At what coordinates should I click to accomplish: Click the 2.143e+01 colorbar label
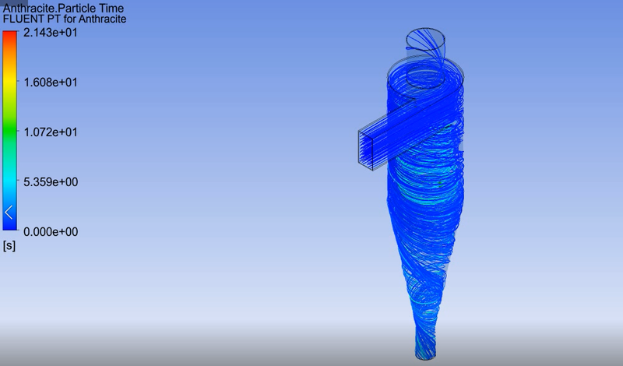(50, 33)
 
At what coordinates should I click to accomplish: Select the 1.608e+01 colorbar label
(50, 83)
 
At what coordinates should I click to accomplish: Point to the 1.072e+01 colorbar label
(50, 132)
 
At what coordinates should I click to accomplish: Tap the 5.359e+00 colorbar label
(50, 182)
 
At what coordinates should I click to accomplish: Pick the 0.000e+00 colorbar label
(50, 232)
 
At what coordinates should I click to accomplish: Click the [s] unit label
(9, 245)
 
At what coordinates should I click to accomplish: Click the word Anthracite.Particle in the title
(51, 7)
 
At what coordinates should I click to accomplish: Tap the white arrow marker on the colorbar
(9, 211)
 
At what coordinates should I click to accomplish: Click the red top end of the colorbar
(10, 34)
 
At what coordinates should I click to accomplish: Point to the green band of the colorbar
(10, 132)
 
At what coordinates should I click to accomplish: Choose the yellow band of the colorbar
(10, 86)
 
